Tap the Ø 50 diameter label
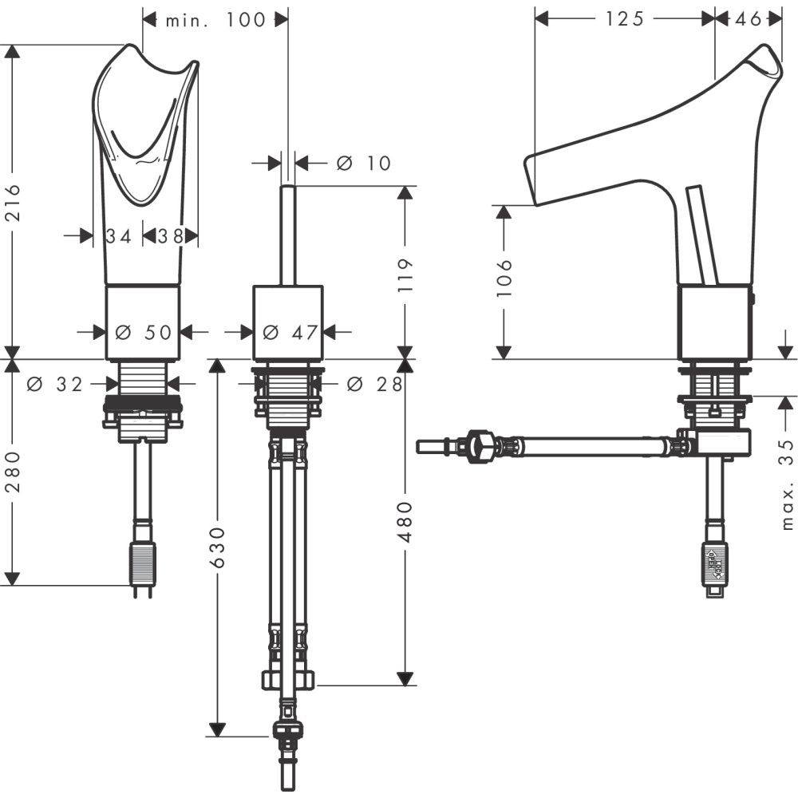144,332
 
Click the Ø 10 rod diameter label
364,163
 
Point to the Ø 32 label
54,384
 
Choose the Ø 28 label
374,384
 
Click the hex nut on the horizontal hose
481,444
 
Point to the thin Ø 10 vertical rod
288,235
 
